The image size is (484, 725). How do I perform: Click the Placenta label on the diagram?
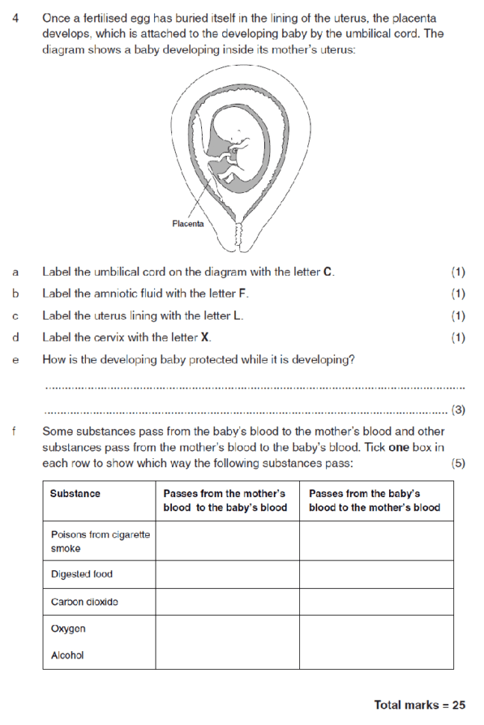pyautogui.click(x=188, y=223)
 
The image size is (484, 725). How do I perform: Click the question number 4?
pyautogui.click(x=16, y=17)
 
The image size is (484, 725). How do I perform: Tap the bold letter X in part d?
pyautogui.click(x=206, y=337)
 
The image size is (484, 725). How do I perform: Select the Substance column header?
pyautogui.click(x=75, y=494)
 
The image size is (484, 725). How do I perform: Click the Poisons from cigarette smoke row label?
pyautogui.click(x=100, y=541)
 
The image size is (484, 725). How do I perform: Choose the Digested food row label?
pyautogui.click(x=82, y=574)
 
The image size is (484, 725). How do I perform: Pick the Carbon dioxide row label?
pyautogui.click(x=85, y=602)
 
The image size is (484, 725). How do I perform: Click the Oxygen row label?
pyautogui.click(x=68, y=629)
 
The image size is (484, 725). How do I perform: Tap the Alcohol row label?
pyautogui.click(x=67, y=655)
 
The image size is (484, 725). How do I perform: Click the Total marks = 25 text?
pyautogui.click(x=420, y=705)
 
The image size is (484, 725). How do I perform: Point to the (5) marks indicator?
pyautogui.click(x=459, y=463)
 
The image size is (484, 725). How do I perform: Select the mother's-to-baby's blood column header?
pyautogui.click(x=226, y=501)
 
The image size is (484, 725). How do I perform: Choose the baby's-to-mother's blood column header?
pyautogui.click(x=374, y=501)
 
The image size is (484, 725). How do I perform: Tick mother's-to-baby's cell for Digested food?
pyautogui.click(x=227, y=574)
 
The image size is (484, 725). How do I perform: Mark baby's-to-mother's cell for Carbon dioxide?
pyautogui.click(x=376, y=602)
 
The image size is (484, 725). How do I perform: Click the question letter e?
pyautogui.click(x=16, y=360)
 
